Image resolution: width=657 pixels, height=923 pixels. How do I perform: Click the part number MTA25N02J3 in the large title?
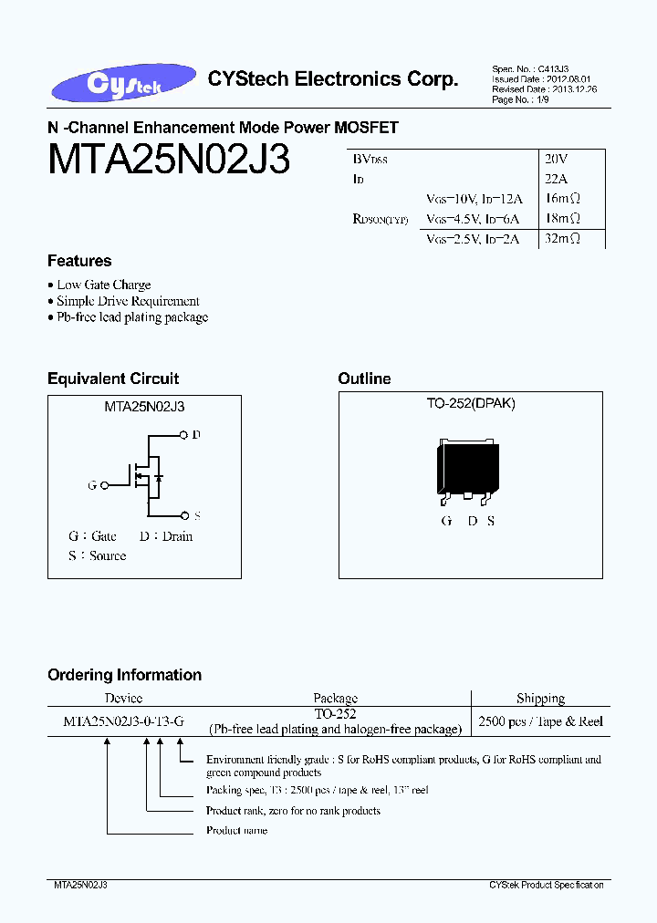coord(169,161)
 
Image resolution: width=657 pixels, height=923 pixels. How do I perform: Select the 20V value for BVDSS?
coord(557,159)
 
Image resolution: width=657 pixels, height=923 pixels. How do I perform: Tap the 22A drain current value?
coord(557,179)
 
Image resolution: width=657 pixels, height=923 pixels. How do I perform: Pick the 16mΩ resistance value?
coord(562,199)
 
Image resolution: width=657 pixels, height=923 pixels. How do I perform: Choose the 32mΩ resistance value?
coord(562,239)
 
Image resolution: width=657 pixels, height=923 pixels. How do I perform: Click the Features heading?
coord(79,261)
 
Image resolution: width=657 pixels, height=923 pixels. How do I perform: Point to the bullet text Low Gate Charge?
coord(103,285)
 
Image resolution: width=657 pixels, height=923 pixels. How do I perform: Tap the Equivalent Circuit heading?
coord(113,379)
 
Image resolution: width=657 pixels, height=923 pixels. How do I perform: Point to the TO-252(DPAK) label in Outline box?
coord(471,403)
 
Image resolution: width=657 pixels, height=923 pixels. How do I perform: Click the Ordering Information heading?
coord(124,675)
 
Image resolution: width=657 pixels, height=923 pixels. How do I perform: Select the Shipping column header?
coord(540,699)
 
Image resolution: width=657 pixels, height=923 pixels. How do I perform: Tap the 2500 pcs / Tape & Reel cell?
coord(540,721)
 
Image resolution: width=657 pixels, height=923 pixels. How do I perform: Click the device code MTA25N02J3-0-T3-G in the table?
coord(124,721)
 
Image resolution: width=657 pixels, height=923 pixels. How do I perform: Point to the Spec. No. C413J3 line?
coord(530,69)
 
